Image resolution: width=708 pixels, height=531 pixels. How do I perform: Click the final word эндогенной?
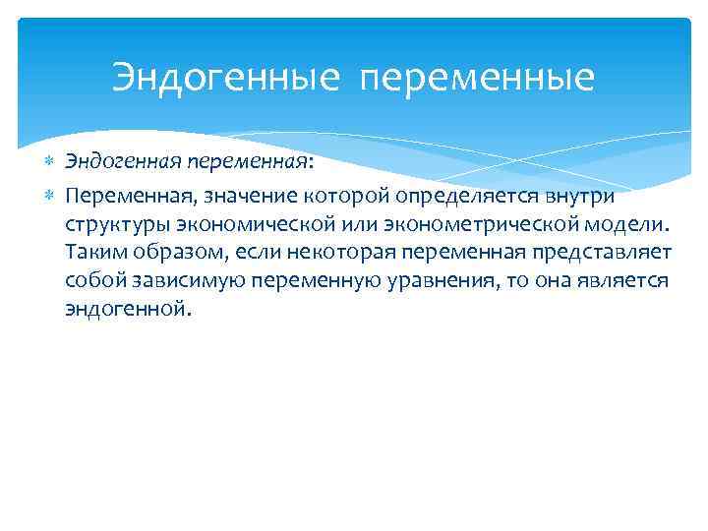(124, 310)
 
